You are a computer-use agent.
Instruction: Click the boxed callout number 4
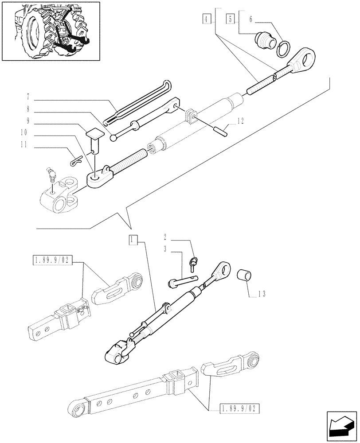(x=207, y=19)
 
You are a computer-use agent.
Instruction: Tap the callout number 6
(x=251, y=19)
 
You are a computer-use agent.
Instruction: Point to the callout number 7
(x=28, y=97)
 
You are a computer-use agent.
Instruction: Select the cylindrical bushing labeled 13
(x=245, y=275)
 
